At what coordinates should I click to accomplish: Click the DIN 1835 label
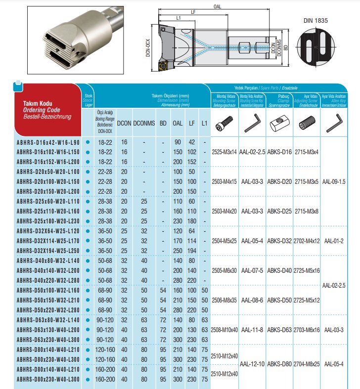[x=315, y=21]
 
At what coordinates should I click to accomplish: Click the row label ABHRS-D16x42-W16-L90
[x=47, y=142]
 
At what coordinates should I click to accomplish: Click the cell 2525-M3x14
[x=224, y=152]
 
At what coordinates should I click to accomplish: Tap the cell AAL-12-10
[x=251, y=364]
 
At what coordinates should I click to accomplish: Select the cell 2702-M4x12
[x=307, y=241]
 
